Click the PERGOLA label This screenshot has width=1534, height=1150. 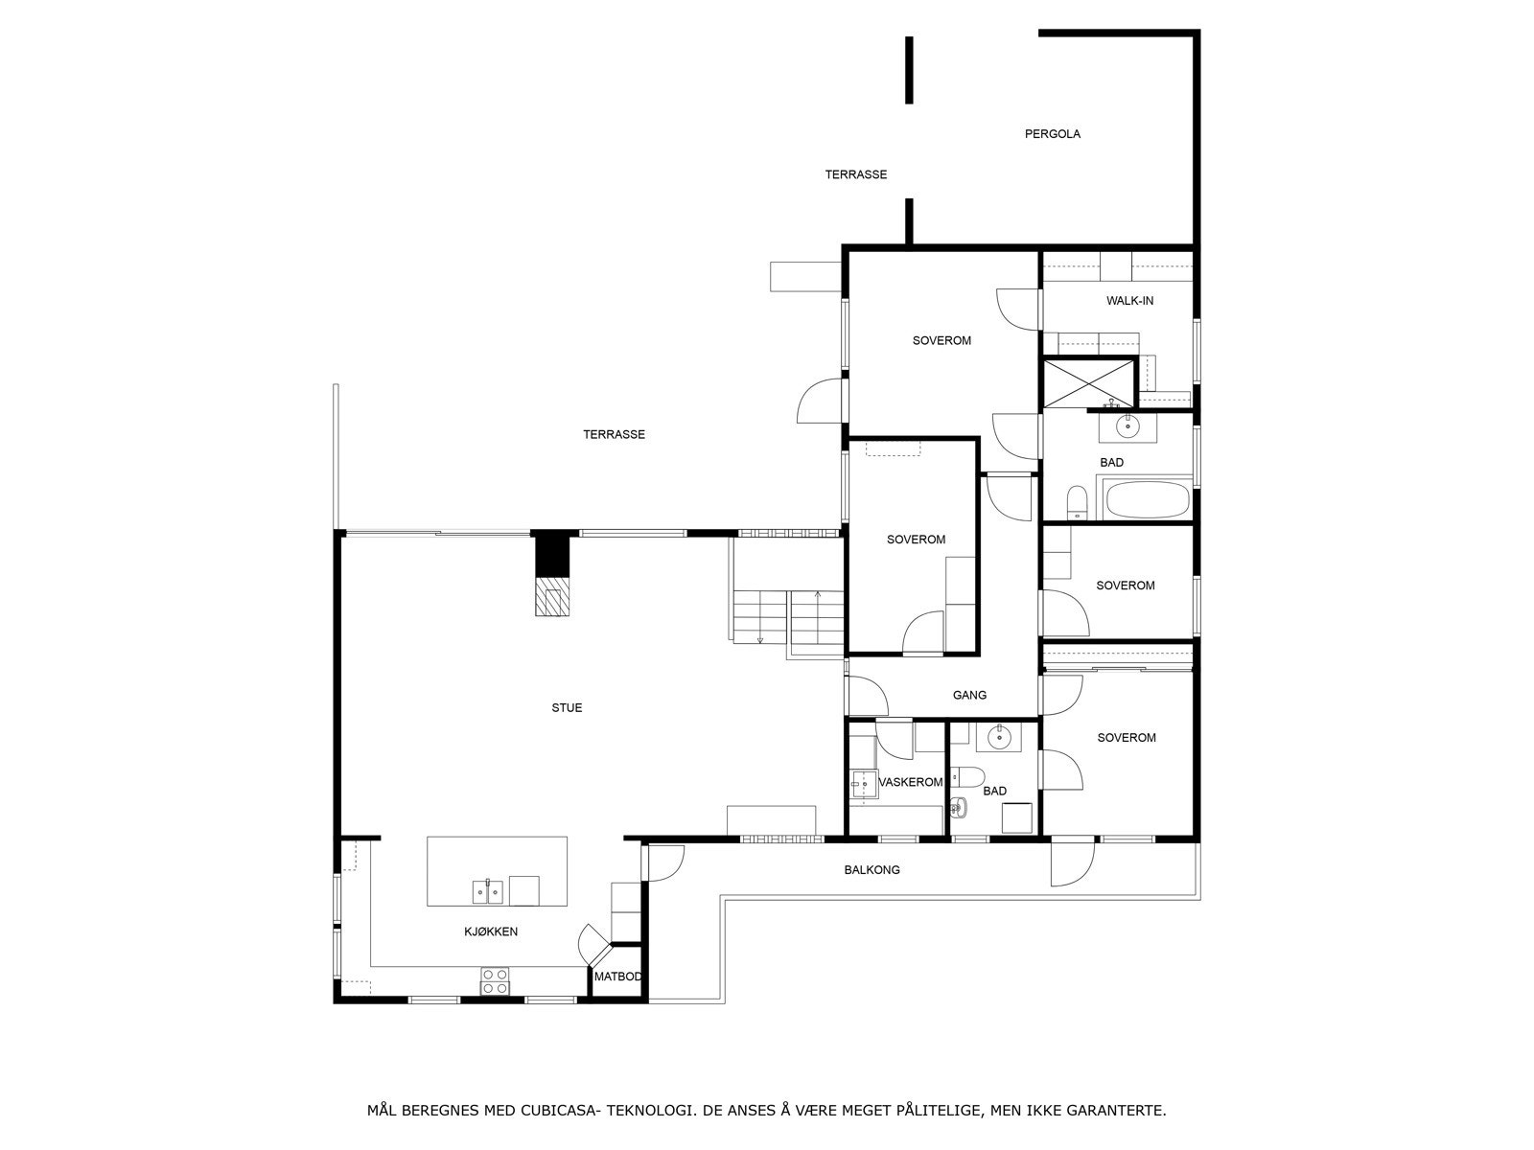pos(1052,134)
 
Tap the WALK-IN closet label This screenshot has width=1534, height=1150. pos(1129,301)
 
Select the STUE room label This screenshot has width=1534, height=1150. pos(566,708)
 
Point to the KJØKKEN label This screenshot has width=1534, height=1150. pos(491,931)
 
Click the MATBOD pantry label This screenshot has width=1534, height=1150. pos(617,977)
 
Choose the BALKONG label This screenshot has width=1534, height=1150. pos(872,870)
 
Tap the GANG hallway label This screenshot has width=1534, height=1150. pos(969,696)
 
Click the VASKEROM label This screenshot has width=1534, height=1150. pos(911,782)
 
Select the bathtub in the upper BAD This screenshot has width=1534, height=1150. pos(1148,498)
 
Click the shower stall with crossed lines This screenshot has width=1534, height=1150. pos(1088,382)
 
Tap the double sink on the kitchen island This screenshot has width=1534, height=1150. pos(487,891)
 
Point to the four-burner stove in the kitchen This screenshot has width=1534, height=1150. pos(494,981)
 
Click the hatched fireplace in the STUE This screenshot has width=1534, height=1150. pos(552,596)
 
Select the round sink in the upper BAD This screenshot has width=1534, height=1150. pos(1127,425)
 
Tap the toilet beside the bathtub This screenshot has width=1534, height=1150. pos(1077,503)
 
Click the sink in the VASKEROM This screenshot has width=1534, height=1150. pos(865,785)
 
